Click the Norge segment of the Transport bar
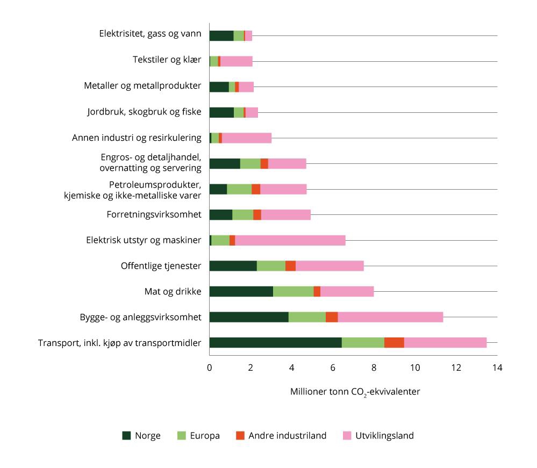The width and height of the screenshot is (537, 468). point(275,342)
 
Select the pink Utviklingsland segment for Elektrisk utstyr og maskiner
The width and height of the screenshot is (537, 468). point(290,240)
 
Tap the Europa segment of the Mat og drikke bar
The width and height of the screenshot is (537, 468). point(293,291)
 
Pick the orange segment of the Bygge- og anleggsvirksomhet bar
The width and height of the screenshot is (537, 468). point(332,317)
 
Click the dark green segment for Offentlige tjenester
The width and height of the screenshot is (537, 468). point(233,266)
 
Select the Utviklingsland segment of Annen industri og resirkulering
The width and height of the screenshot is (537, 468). point(247,138)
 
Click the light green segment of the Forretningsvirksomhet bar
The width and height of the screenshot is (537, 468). point(242,215)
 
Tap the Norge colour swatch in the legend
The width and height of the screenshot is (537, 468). point(126,436)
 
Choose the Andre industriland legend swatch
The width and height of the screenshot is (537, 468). point(240,436)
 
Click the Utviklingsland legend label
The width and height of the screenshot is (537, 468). point(384,436)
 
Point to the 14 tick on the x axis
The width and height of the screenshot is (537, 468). point(497,368)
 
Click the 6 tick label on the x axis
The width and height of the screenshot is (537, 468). point(333,368)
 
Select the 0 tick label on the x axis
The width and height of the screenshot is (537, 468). point(210,368)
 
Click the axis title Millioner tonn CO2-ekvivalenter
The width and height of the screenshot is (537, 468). point(355,392)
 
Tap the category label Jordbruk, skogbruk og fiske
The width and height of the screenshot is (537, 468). point(144,112)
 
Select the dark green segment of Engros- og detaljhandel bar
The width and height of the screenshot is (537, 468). point(225,164)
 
